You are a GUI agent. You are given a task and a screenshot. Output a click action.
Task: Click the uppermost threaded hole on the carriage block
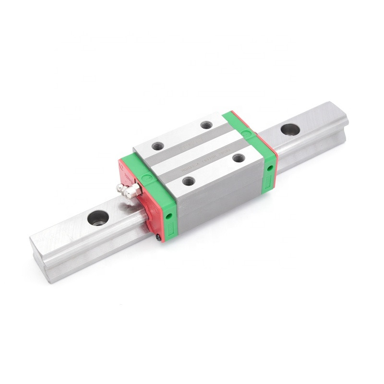click(x=206, y=125)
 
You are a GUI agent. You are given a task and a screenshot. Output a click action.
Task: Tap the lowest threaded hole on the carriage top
click(x=189, y=181)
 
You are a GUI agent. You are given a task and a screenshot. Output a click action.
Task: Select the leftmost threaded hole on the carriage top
click(x=157, y=146)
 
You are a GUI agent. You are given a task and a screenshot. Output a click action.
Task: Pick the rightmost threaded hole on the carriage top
click(x=239, y=157)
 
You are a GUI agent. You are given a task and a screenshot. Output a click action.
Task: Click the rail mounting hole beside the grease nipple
click(x=98, y=218)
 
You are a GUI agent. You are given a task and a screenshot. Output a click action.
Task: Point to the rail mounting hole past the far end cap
click(x=290, y=129)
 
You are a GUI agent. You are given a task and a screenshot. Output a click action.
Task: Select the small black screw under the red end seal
click(x=158, y=236)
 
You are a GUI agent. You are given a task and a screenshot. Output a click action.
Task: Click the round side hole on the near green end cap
click(x=169, y=216)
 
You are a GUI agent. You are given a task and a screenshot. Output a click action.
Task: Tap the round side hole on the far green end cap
click(x=270, y=168)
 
